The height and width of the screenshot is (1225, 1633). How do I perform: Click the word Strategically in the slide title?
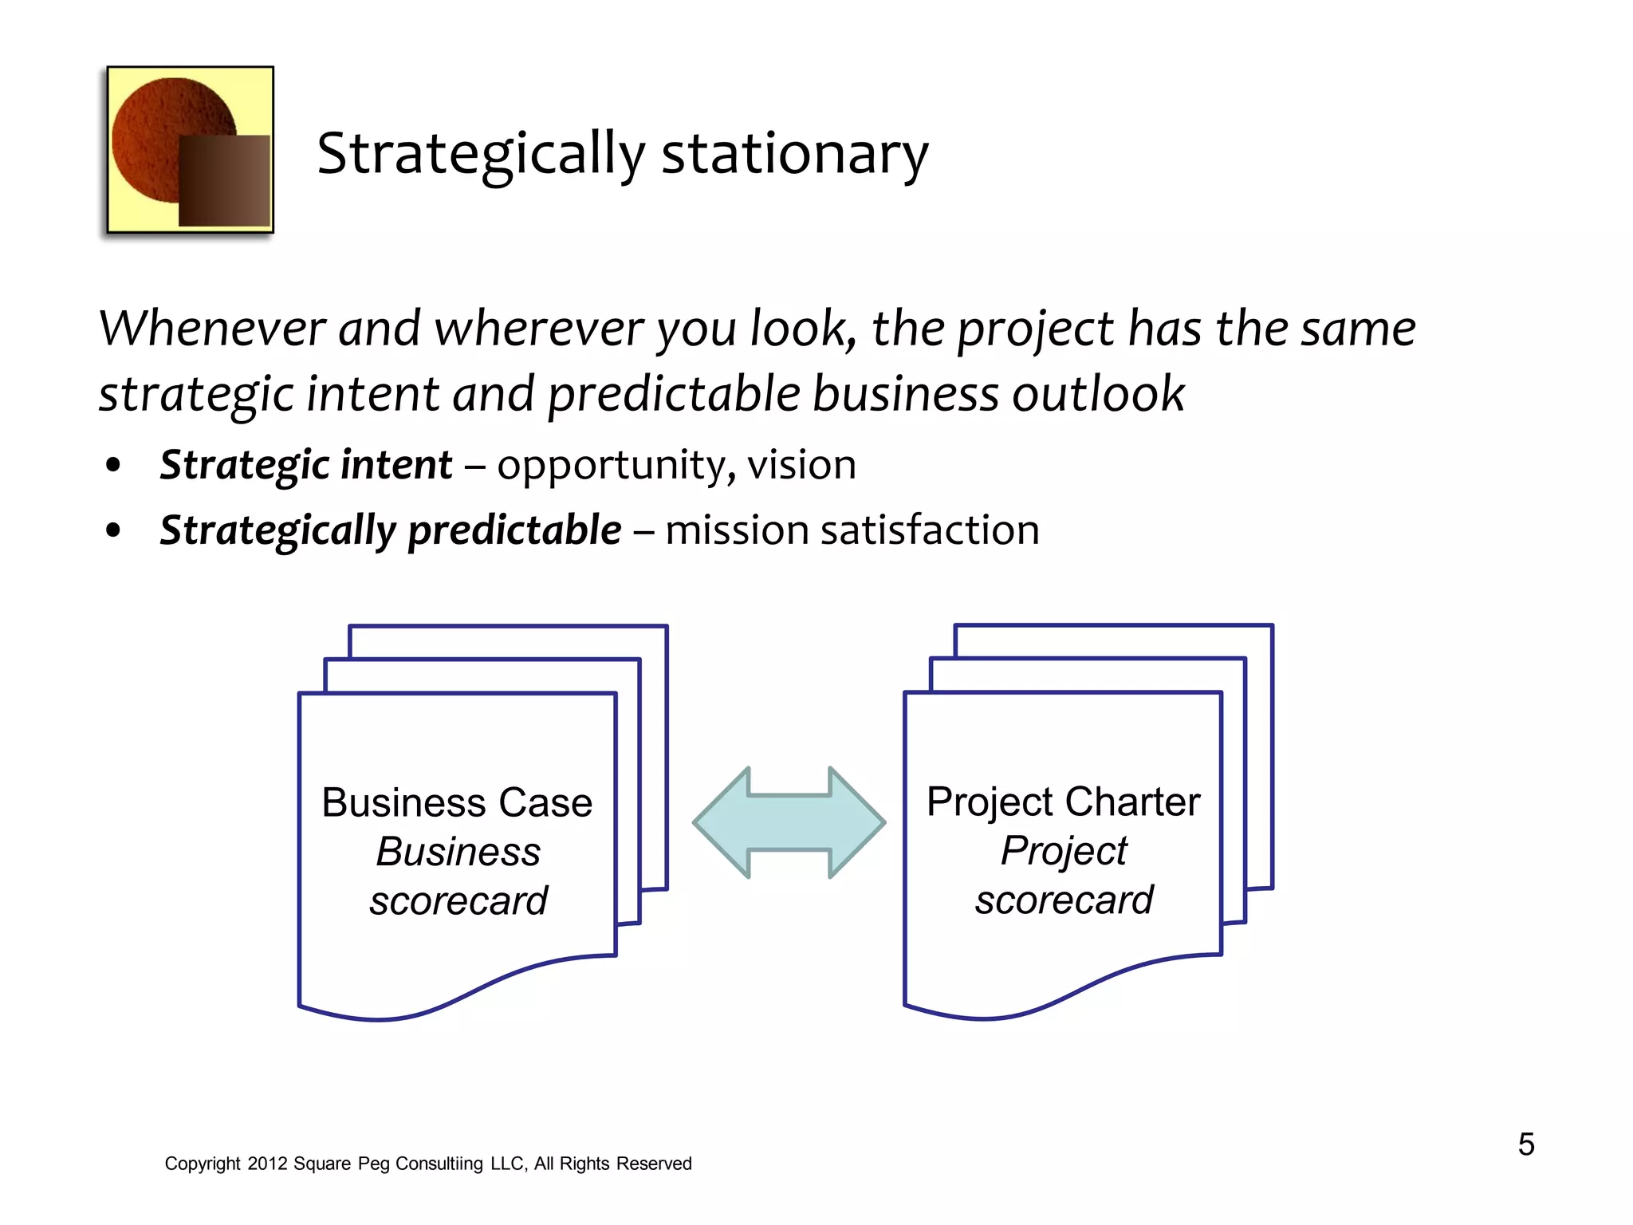click(481, 153)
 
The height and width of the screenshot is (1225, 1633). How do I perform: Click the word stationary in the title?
click(795, 153)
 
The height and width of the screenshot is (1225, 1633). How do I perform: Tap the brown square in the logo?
click(224, 181)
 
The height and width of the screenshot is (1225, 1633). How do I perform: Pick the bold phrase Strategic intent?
click(306, 465)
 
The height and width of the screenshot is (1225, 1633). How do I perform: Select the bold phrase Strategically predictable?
click(391, 530)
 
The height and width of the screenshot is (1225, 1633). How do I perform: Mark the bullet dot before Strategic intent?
click(113, 465)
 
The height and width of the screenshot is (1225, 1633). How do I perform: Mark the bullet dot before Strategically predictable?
click(113, 530)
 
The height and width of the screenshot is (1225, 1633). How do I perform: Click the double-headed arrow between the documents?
click(789, 822)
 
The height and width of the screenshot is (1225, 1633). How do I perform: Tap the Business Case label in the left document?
click(457, 802)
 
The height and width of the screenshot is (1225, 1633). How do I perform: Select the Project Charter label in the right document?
click(1063, 802)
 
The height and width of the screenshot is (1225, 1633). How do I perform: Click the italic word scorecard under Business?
click(458, 901)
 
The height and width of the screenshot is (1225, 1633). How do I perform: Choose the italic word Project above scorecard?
click(1064, 851)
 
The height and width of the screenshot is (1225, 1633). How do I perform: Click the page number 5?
click(1525, 1144)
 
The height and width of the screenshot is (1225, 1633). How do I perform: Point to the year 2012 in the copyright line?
click(267, 1164)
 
